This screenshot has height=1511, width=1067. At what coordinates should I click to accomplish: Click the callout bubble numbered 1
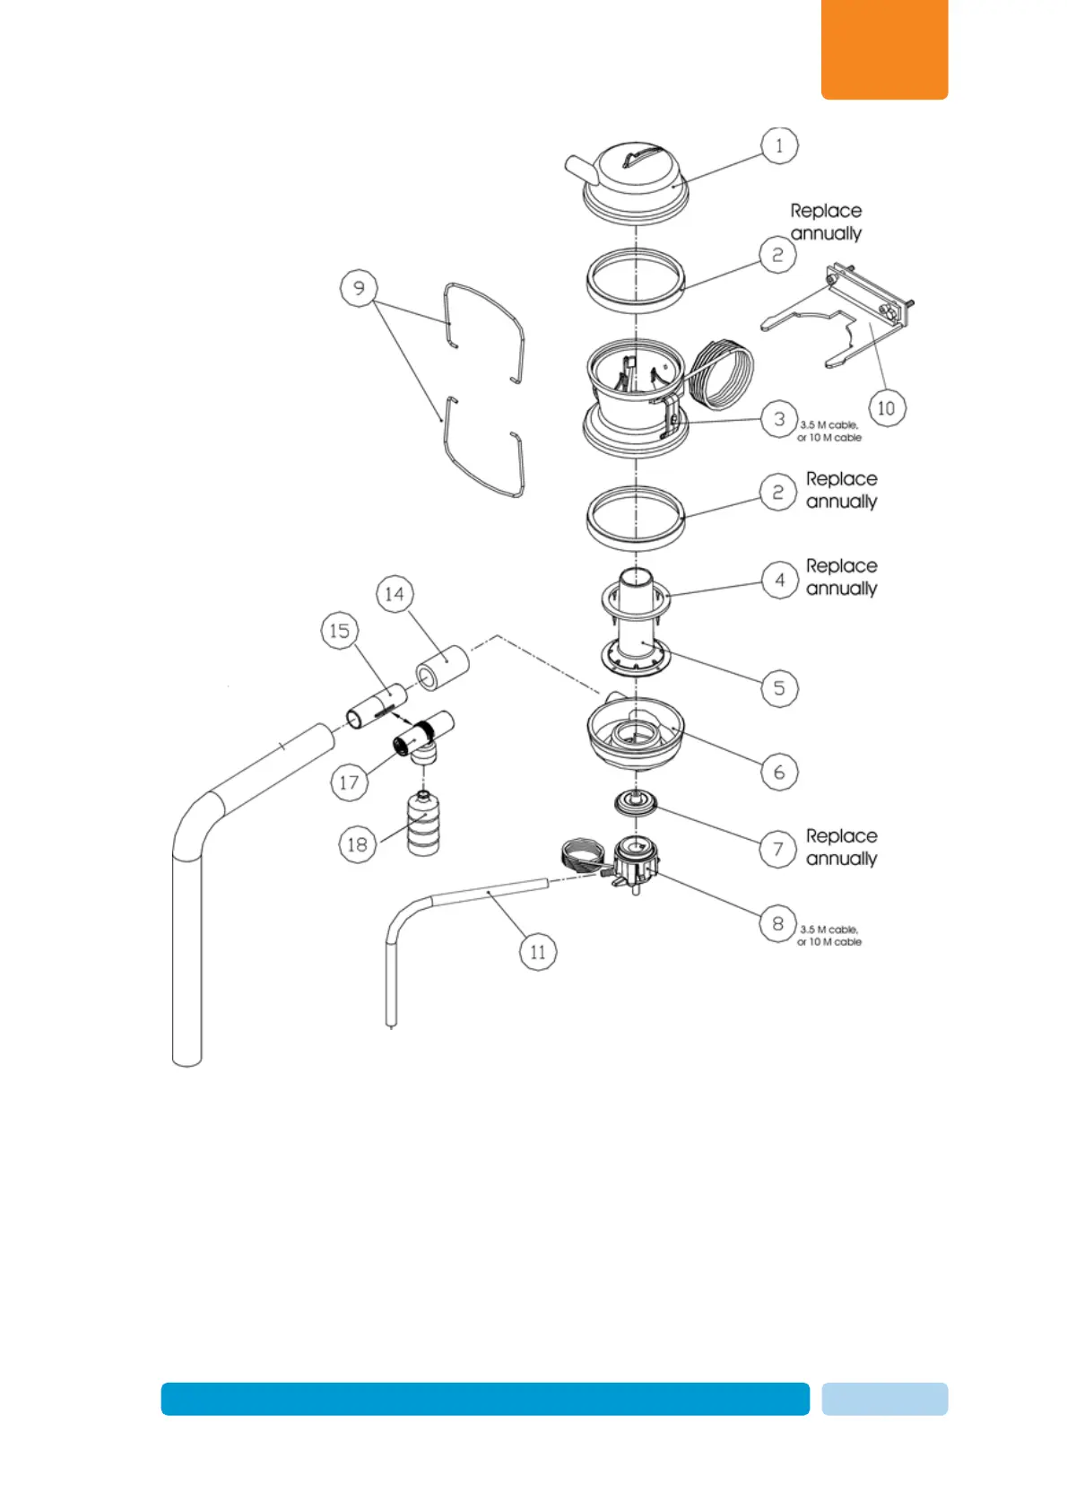tap(779, 145)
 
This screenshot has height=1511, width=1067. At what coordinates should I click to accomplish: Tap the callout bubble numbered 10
tap(886, 408)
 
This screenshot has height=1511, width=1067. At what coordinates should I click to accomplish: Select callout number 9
tap(359, 288)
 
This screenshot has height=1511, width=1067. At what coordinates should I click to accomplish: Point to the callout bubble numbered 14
tap(395, 594)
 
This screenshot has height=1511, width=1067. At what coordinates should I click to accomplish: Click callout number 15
tap(340, 631)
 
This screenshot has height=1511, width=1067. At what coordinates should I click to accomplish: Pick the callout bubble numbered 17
tap(349, 782)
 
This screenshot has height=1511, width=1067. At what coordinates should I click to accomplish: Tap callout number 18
tap(357, 844)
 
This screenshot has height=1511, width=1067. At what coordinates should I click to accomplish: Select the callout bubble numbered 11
tap(538, 952)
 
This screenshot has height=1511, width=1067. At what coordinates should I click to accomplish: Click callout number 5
tap(779, 688)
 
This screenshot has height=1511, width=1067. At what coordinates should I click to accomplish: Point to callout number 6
tap(779, 772)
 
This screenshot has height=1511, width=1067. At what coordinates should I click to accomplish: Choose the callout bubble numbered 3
tap(779, 419)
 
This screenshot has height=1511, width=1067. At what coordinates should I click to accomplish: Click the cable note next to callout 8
tap(829, 936)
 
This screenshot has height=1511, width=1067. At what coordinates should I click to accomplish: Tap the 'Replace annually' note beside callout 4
tap(841, 577)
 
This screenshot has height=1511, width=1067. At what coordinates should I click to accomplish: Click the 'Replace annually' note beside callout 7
tap(841, 847)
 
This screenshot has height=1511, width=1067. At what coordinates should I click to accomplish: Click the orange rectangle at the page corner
tap(884, 48)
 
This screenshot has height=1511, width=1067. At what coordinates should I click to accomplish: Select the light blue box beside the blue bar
tap(884, 1399)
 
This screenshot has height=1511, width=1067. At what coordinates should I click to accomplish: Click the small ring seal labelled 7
tap(636, 803)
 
